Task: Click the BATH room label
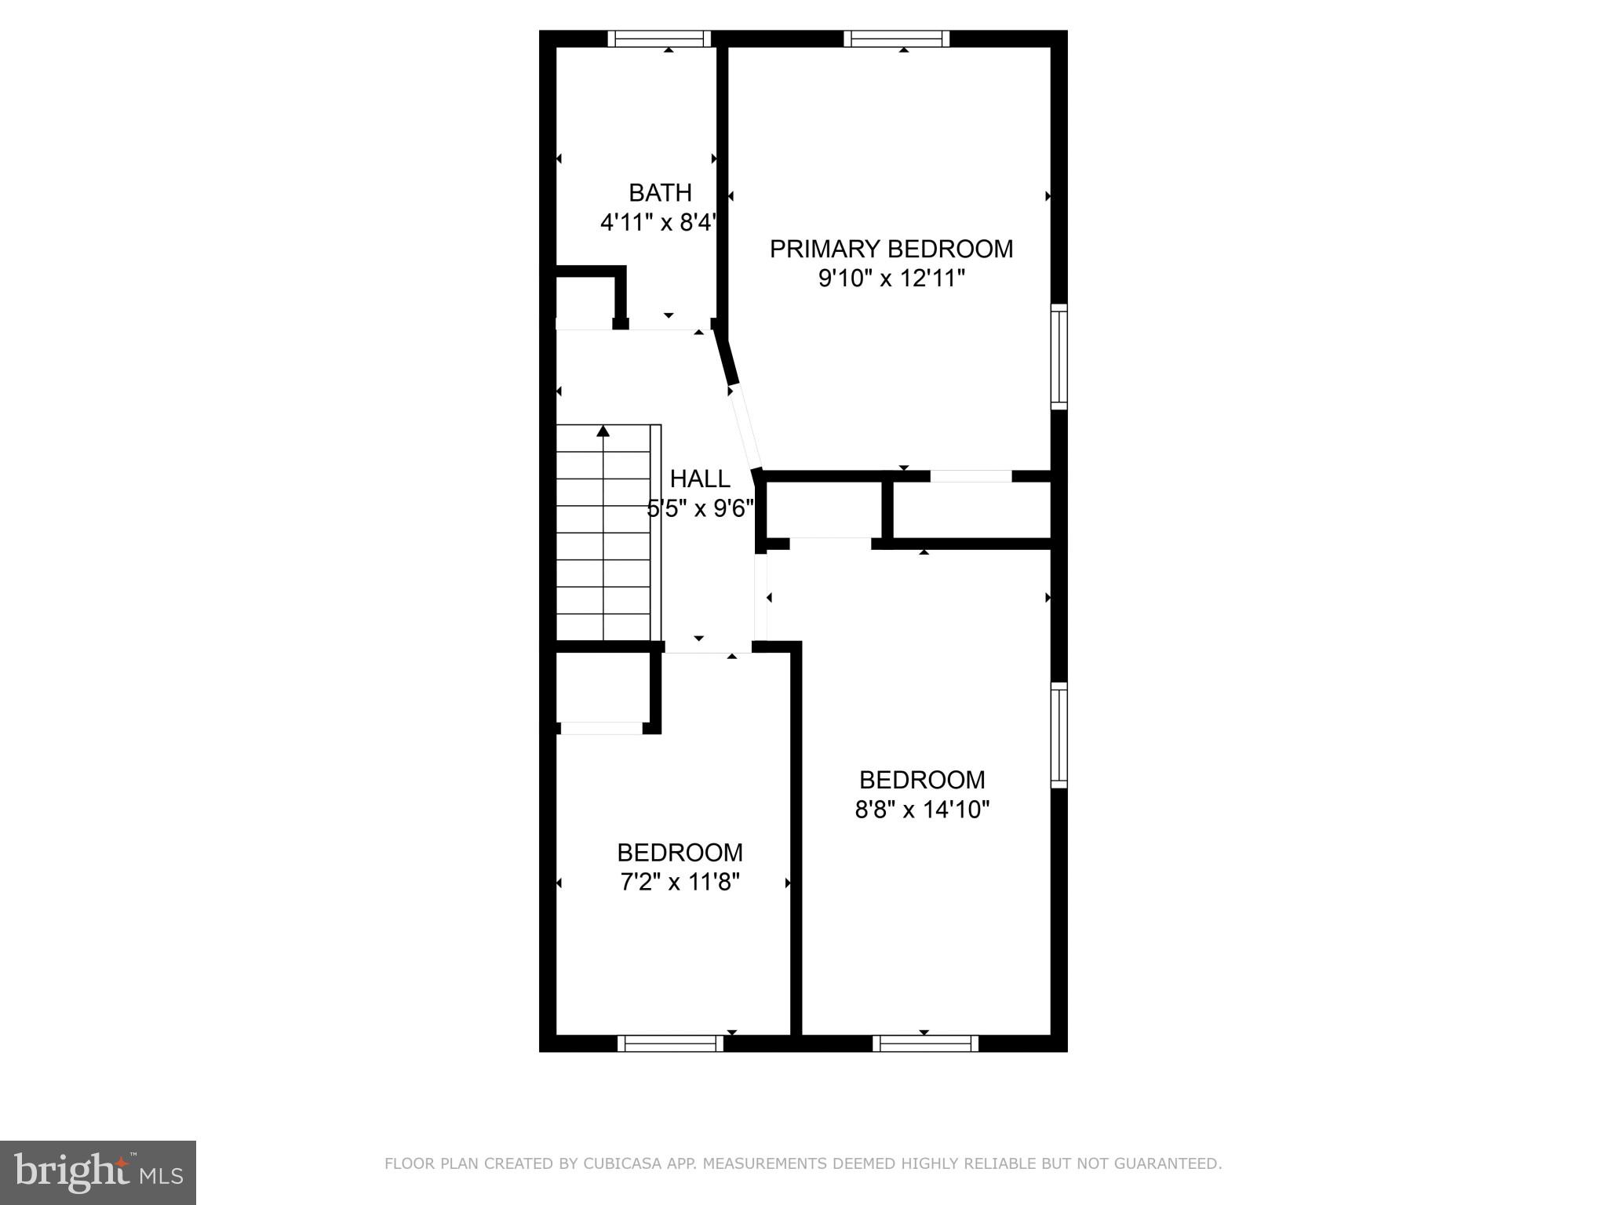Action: pyautogui.click(x=660, y=192)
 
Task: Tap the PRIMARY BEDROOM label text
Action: pyautogui.click(x=891, y=249)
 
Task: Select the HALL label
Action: pyautogui.click(x=700, y=479)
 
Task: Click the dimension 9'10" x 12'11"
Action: pyautogui.click(x=891, y=278)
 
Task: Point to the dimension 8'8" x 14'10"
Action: pyautogui.click(x=922, y=810)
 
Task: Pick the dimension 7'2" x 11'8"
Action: pyautogui.click(x=680, y=883)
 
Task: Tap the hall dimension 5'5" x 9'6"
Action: pyautogui.click(x=700, y=508)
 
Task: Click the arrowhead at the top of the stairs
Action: pyautogui.click(x=603, y=431)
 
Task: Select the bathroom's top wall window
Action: pyautogui.click(x=659, y=38)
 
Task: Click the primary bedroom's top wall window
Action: pyautogui.click(x=897, y=38)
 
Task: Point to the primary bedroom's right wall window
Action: pyautogui.click(x=1059, y=356)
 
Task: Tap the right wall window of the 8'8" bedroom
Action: pyautogui.click(x=1059, y=735)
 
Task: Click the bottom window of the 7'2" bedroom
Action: pyautogui.click(x=670, y=1043)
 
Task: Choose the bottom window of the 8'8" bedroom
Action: pyautogui.click(x=925, y=1043)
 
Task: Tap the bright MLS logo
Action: pyautogui.click(x=98, y=1173)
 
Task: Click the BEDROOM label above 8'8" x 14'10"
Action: pyautogui.click(x=922, y=780)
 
